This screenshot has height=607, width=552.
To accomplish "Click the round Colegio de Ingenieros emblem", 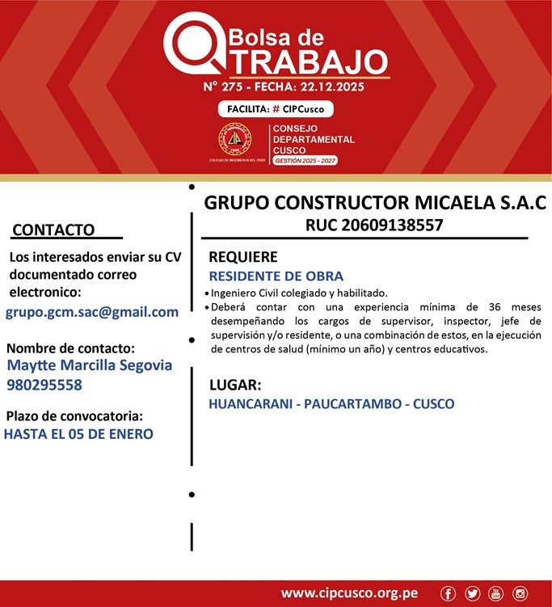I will click(235, 140).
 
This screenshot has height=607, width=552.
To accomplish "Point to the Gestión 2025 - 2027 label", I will click(305, 161).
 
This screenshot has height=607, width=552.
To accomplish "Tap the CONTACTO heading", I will click(53, 230).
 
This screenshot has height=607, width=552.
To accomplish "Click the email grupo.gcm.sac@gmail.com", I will click(92, 312).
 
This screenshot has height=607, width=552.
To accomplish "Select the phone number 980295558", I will click(44, 385).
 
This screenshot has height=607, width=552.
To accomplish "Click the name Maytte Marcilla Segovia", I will click(89, 365).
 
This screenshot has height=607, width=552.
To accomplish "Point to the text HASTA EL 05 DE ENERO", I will click(78, 434).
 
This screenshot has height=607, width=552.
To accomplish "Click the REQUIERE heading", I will click(243, 257).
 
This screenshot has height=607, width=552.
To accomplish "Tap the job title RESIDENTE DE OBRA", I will click(276, 276).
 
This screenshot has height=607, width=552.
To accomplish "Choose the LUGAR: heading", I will click(234, 385).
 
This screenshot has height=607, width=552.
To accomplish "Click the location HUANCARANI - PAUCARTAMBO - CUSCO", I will click(331, 403).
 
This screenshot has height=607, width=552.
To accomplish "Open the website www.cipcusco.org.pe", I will click(349, 593).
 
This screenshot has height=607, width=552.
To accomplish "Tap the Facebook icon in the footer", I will click(449, 593).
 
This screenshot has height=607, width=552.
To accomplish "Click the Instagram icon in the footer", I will click(520, 593).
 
